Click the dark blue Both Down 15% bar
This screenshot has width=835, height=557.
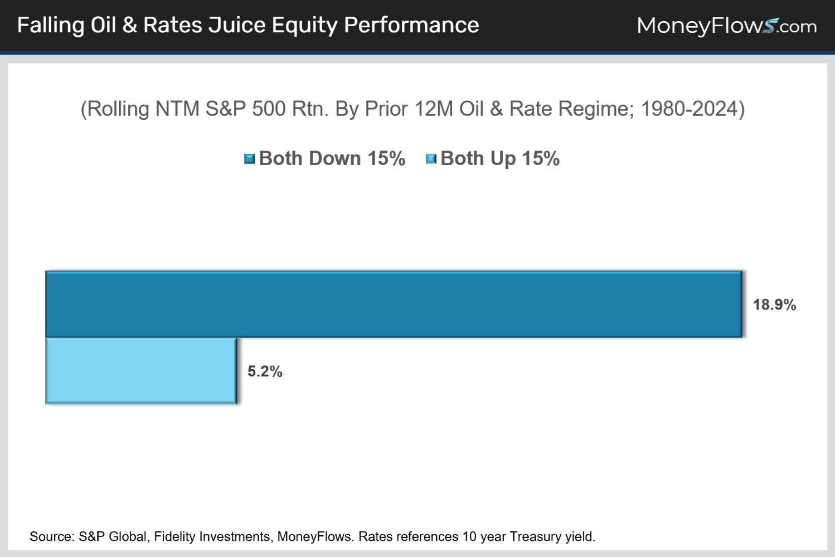(x=393, y=304)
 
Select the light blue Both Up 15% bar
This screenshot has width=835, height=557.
(x=141, y=371)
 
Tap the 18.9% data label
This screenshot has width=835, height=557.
(x=774, y=304)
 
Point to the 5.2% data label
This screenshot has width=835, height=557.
(x=265, y=371)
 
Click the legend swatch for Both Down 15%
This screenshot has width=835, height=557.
(x=249, y=159)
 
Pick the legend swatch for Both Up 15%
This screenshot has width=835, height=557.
(x=431, y=159)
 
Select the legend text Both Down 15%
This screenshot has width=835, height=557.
(x=332, y=158)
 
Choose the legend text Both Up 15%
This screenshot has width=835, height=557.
(x=499, y=158)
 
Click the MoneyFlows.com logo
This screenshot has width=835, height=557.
(x=726, y=26)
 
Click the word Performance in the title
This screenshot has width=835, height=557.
(x=411, y=26)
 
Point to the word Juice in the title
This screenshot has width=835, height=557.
(x=237, y=26)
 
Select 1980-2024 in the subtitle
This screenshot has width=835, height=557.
(x=689, y=109)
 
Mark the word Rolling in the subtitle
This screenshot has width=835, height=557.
(x=118, y=109)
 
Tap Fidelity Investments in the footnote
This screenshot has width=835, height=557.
(x=212, y=536)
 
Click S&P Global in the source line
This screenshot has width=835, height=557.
(x=113, y=536)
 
